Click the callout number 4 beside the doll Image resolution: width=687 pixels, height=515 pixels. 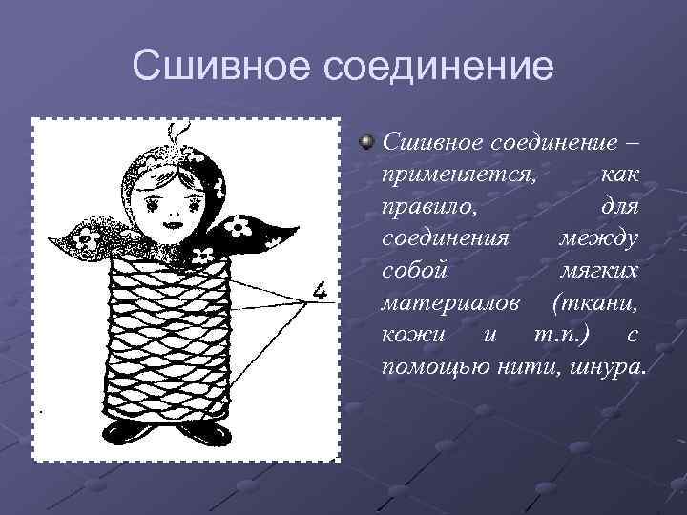pos(322,287)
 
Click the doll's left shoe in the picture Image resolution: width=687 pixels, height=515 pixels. pos(129,434)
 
